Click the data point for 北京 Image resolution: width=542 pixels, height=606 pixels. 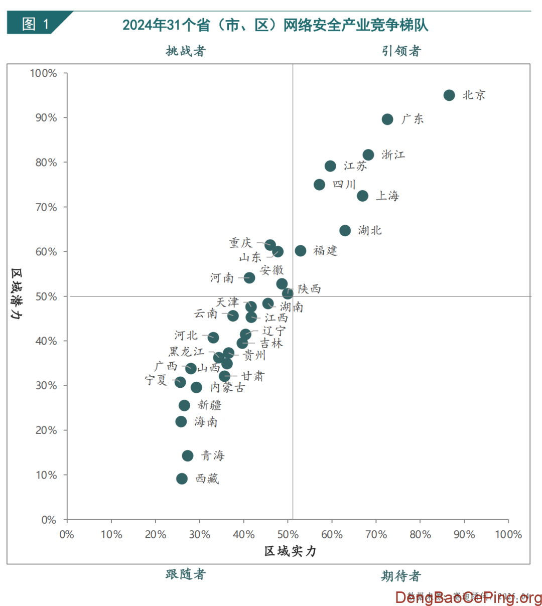click(x=449, y=95)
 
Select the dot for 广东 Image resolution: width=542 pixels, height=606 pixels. click(x=387, y=119)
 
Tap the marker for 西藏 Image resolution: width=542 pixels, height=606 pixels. click(x=182, y=479)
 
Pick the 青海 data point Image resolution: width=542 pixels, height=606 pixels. click(x=188, y=456)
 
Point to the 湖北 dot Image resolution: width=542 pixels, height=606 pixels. click(x=345, y=230)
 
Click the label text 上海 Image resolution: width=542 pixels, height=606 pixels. click(x=387, y=196)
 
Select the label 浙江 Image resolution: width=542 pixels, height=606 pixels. click(x=393, y=155)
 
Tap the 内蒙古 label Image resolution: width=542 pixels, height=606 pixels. click(x=227, y=387)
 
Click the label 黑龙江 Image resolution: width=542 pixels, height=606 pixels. click(x=186, y=352)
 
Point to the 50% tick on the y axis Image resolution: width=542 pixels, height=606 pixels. click(x=46, y=296)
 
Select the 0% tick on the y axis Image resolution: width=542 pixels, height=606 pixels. click(x=49, y=520)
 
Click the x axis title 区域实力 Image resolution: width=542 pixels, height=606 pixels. click(x=290, y=551)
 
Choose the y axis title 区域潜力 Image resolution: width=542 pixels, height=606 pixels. click(x=17, y=294)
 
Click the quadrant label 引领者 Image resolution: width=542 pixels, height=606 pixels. click(x=401, y=51)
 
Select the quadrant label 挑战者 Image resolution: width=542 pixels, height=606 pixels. click(x=186, y=51)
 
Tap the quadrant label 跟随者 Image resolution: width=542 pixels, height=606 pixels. click(x=186, y=574)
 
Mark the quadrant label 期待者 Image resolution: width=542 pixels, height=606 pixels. click(x=401, y=576)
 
